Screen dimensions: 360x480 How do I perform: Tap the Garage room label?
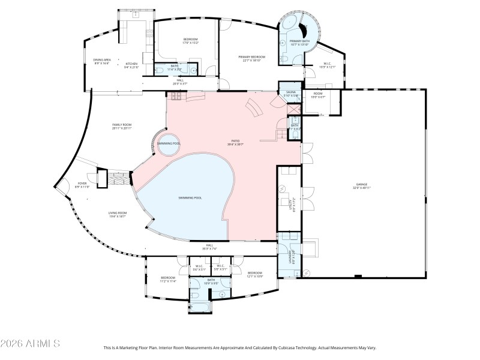362,184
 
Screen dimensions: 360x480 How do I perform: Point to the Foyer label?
82,184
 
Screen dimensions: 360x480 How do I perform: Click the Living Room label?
117,213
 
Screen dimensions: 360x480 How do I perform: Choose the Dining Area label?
101,60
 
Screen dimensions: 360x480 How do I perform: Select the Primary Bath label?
299,41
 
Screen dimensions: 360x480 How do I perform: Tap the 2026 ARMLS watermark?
30,344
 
